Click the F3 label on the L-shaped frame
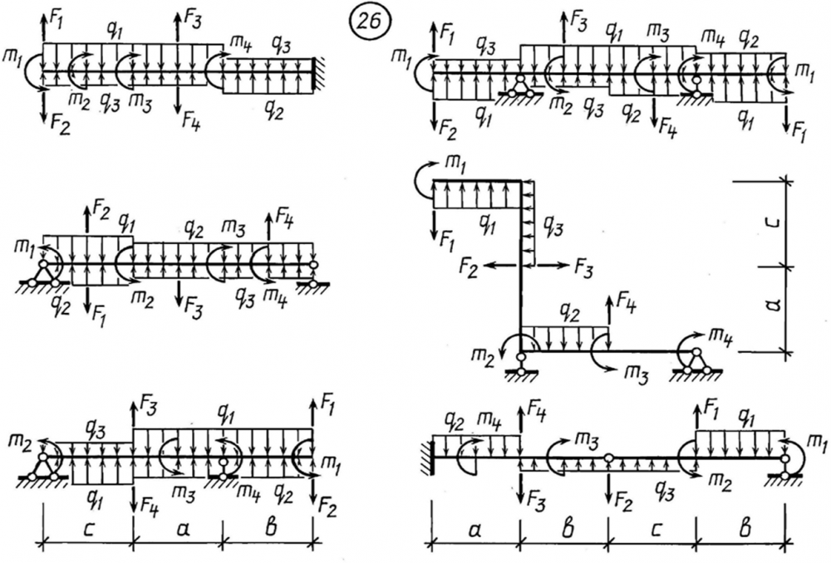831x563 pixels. tap(585, 266)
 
